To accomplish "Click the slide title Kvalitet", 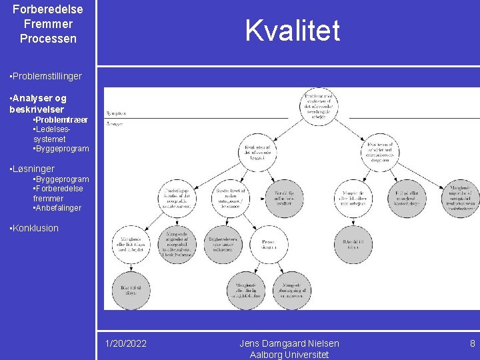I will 292,31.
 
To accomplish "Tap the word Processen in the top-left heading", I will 48,39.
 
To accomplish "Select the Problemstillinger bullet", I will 46,76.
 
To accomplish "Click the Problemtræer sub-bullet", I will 61,119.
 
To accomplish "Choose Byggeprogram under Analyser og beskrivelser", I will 62,149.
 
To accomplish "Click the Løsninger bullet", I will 33,169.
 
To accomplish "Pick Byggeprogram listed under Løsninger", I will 62,179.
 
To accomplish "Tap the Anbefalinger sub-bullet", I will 58,208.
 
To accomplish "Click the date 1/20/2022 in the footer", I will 127,343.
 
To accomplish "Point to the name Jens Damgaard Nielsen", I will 289,343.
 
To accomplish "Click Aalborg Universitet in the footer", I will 289,355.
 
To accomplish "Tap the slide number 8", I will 472,343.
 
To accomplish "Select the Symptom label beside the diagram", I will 115,113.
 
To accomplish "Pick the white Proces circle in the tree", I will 269,244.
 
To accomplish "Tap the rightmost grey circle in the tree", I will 461,198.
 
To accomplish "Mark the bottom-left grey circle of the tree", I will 131,288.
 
